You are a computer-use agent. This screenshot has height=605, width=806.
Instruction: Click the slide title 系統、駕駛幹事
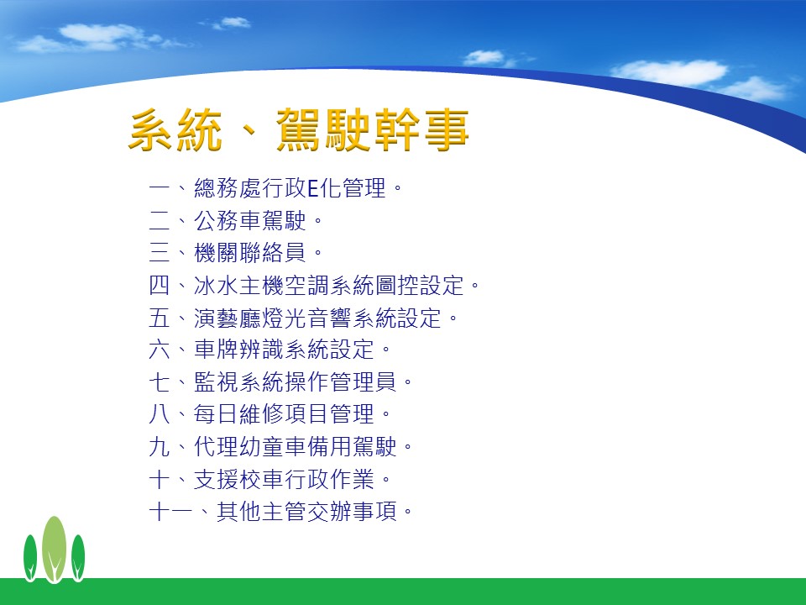pos(299,129)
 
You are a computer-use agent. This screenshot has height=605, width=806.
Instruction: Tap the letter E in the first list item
pos(313,187)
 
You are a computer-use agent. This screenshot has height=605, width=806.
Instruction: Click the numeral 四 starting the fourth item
pos(160,285)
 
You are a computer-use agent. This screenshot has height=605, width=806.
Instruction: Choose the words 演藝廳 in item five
pos(228,318)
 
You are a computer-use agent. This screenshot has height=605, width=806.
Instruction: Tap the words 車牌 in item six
pos(216,350)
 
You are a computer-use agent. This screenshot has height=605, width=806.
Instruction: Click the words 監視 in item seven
pos(216,382)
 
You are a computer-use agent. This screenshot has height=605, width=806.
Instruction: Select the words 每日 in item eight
pos(216,414)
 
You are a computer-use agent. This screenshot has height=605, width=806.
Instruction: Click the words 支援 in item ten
pos(216,480)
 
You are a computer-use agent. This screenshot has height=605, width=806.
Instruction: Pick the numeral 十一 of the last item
pos(170,512)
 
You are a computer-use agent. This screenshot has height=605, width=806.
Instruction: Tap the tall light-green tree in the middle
pos(54,550)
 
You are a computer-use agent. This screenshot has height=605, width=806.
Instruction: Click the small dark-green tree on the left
pos(30,558)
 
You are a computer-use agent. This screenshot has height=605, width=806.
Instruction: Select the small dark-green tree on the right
pos(78,558)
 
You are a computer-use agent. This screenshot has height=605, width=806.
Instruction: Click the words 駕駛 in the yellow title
pos(322,129)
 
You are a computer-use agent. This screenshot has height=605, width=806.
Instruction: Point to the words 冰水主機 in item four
pos(238,286)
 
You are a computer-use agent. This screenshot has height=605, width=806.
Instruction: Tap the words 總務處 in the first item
pos(228,187)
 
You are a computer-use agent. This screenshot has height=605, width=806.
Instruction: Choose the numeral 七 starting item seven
pos(160,382)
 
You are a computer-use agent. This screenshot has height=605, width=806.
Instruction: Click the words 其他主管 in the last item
pos(261,512)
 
